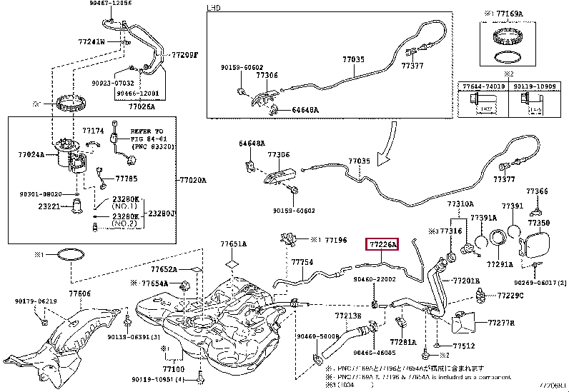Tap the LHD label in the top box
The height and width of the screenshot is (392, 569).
click(x=214, y=8)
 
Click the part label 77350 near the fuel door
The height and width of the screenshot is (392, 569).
click(x=539, y=223)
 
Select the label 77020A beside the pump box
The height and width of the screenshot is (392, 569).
click(x=192, y=180)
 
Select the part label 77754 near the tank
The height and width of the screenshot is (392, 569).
click(x=302, y=263)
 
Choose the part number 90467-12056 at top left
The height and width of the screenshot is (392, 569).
click(x=91, y=4)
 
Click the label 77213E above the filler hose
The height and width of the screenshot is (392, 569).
click(x=347, y=314)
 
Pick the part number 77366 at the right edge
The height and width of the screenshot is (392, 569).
click(x=538, y=191)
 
